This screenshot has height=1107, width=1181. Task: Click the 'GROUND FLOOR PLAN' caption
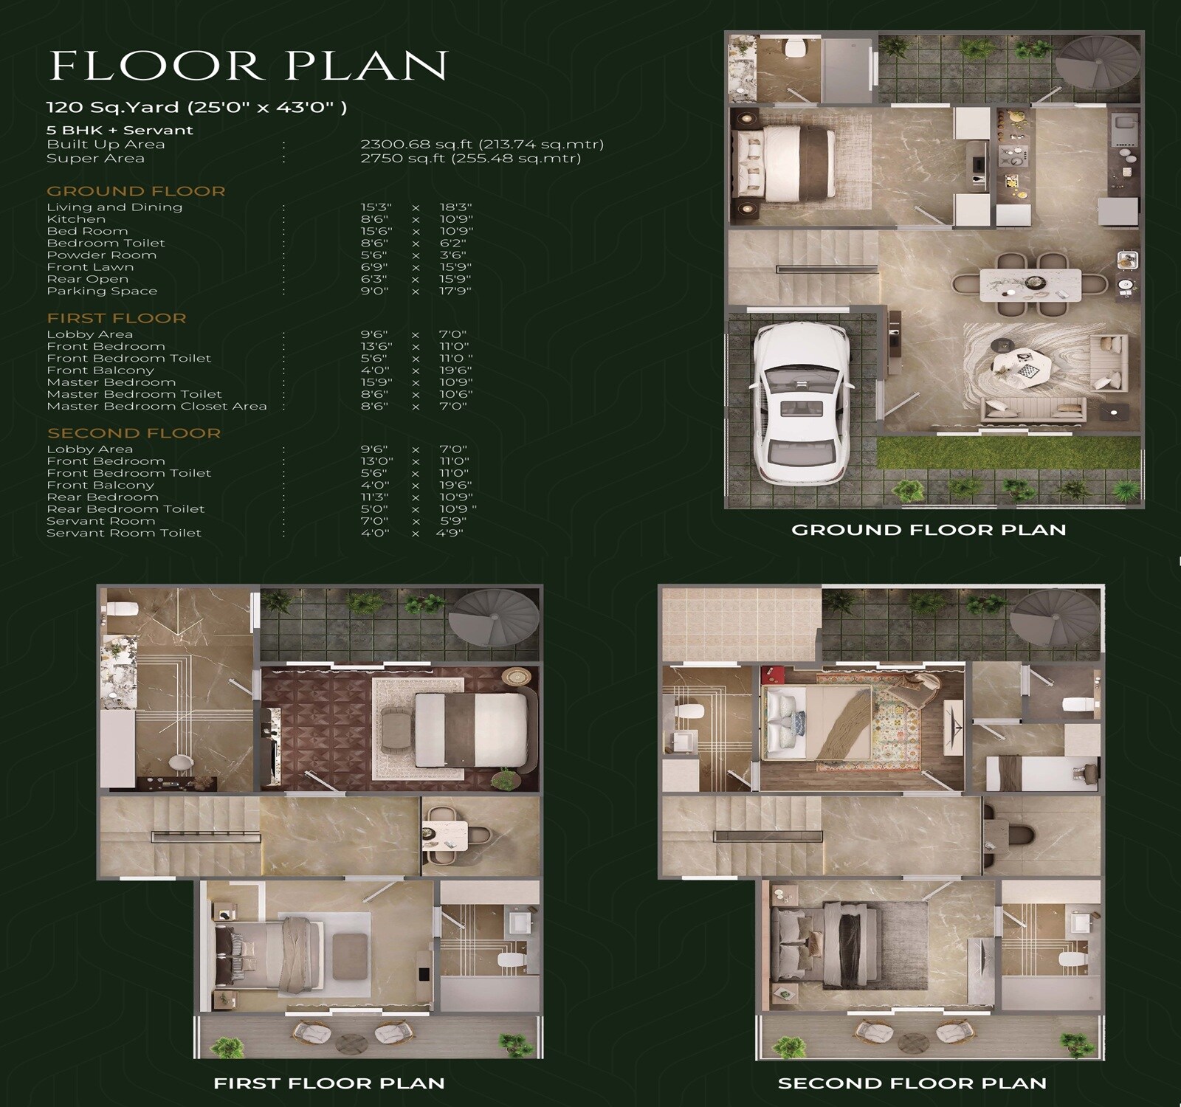click(x=929, y=529)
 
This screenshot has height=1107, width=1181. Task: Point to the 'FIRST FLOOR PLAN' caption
click(x=329, y=1083)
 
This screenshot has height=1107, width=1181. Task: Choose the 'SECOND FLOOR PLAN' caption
click(x=912, y=1083)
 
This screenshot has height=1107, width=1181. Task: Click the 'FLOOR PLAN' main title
click(x=249, y=66)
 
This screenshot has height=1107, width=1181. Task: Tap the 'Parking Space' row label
click(x=102, y=291)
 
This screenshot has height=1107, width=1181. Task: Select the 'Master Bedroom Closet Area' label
click(x=156, y=406)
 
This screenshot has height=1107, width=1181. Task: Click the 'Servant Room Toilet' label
click(x=124, y=533)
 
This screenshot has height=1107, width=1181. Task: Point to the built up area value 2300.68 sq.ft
click(x=482, y=144)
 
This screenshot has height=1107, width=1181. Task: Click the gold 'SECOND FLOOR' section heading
click(x=134, y=433)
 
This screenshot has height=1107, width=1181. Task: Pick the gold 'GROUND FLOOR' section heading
click(x=136, y=191)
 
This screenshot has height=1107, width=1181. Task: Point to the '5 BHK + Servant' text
click(x=120, y=130)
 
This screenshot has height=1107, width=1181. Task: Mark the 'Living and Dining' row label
click(x=114, y=207)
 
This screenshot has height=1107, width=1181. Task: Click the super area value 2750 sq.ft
click(x=470, y=158)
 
